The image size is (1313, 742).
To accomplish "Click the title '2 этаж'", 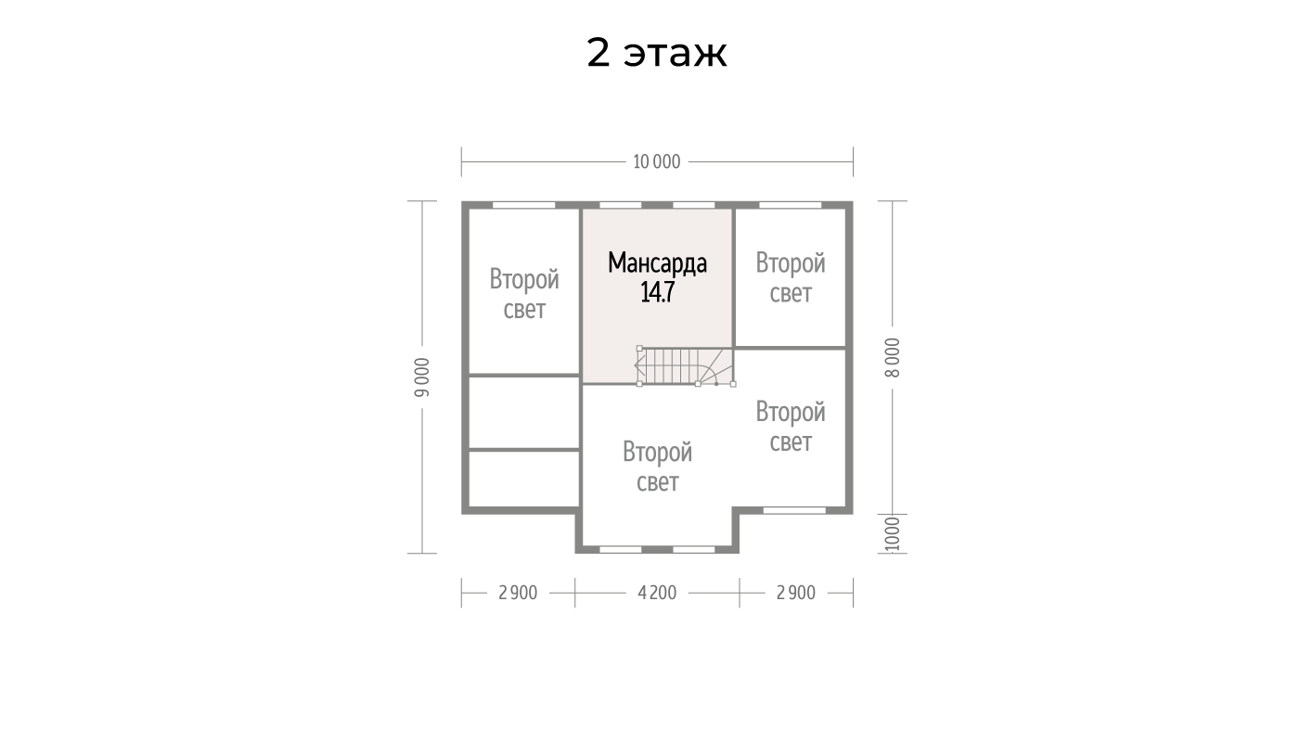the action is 657,54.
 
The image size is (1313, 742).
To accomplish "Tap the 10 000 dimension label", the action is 657,161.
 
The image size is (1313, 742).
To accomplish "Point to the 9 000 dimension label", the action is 422,377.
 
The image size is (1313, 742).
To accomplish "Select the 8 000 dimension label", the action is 892,357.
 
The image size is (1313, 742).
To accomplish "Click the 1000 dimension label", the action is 892,534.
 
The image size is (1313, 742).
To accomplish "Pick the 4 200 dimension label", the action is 657,593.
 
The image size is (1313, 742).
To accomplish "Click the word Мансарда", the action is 657,263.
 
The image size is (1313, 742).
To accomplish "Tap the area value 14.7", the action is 657,292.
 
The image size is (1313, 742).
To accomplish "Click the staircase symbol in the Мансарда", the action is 686,366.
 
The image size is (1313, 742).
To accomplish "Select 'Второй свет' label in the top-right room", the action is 791,278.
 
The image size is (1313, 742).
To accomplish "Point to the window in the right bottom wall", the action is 794,510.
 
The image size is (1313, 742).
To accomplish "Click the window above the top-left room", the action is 524,205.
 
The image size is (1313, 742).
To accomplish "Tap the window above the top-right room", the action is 791,205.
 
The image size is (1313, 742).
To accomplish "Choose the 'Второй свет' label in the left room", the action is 524,294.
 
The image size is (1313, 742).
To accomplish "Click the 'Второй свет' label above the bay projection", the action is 657,467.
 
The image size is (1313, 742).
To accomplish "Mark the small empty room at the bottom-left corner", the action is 524,479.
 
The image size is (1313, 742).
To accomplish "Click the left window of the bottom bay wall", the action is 620,550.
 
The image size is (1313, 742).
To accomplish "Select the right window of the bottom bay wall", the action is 694,550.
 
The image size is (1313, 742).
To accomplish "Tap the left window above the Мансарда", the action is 620,205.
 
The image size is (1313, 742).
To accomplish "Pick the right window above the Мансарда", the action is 694,205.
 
